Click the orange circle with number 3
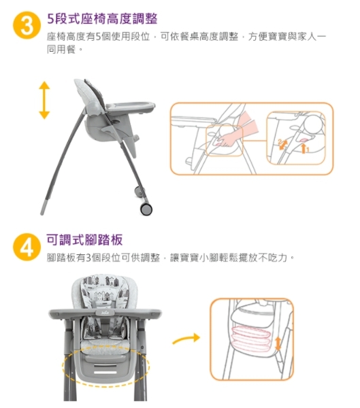point(27,25)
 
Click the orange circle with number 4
point(27,247)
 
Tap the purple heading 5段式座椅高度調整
point(102,19)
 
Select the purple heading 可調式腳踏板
point(84,239)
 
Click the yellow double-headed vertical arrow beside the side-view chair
point(44,100)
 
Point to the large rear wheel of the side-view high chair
point(146,209)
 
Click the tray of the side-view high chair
point(130,107)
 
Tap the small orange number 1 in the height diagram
point(307,150)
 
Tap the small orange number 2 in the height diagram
point(280,142)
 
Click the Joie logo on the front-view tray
point(105,312)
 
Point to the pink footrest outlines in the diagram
point(251,339)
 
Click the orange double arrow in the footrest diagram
point(278,343)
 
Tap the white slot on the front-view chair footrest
point(105,373)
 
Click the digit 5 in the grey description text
point(98,37)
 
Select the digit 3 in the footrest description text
point(88,258)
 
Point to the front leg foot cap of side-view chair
point(44,207)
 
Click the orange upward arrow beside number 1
point(303,148)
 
